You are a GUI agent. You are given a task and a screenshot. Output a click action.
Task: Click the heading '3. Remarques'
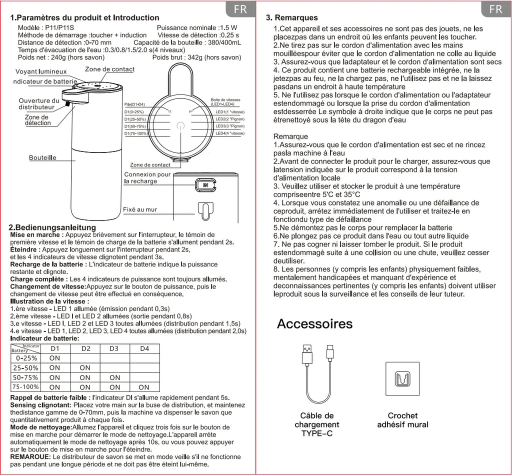(292, 18)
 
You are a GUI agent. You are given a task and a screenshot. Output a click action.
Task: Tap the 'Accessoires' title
(314, 323)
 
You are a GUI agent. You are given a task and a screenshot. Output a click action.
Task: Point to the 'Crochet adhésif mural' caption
(402, 420)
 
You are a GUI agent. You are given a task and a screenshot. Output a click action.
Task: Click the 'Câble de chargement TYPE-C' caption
(317, 424)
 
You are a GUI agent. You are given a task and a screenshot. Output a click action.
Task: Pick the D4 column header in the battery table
(144, 348)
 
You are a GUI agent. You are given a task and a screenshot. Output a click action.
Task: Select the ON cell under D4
(144, 387)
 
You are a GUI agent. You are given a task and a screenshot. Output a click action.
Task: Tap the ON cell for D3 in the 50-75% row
(115, 377)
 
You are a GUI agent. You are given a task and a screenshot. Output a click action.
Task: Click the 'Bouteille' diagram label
(42, 158)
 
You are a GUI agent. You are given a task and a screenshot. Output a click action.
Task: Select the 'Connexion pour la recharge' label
(147, 178)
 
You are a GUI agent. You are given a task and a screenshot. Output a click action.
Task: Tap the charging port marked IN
(205, 184)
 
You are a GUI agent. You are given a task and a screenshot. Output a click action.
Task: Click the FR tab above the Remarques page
(495, 9)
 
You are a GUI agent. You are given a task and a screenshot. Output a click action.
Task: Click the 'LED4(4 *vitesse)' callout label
(230, 133)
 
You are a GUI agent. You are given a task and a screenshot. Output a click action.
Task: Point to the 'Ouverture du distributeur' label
(38, 104)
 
